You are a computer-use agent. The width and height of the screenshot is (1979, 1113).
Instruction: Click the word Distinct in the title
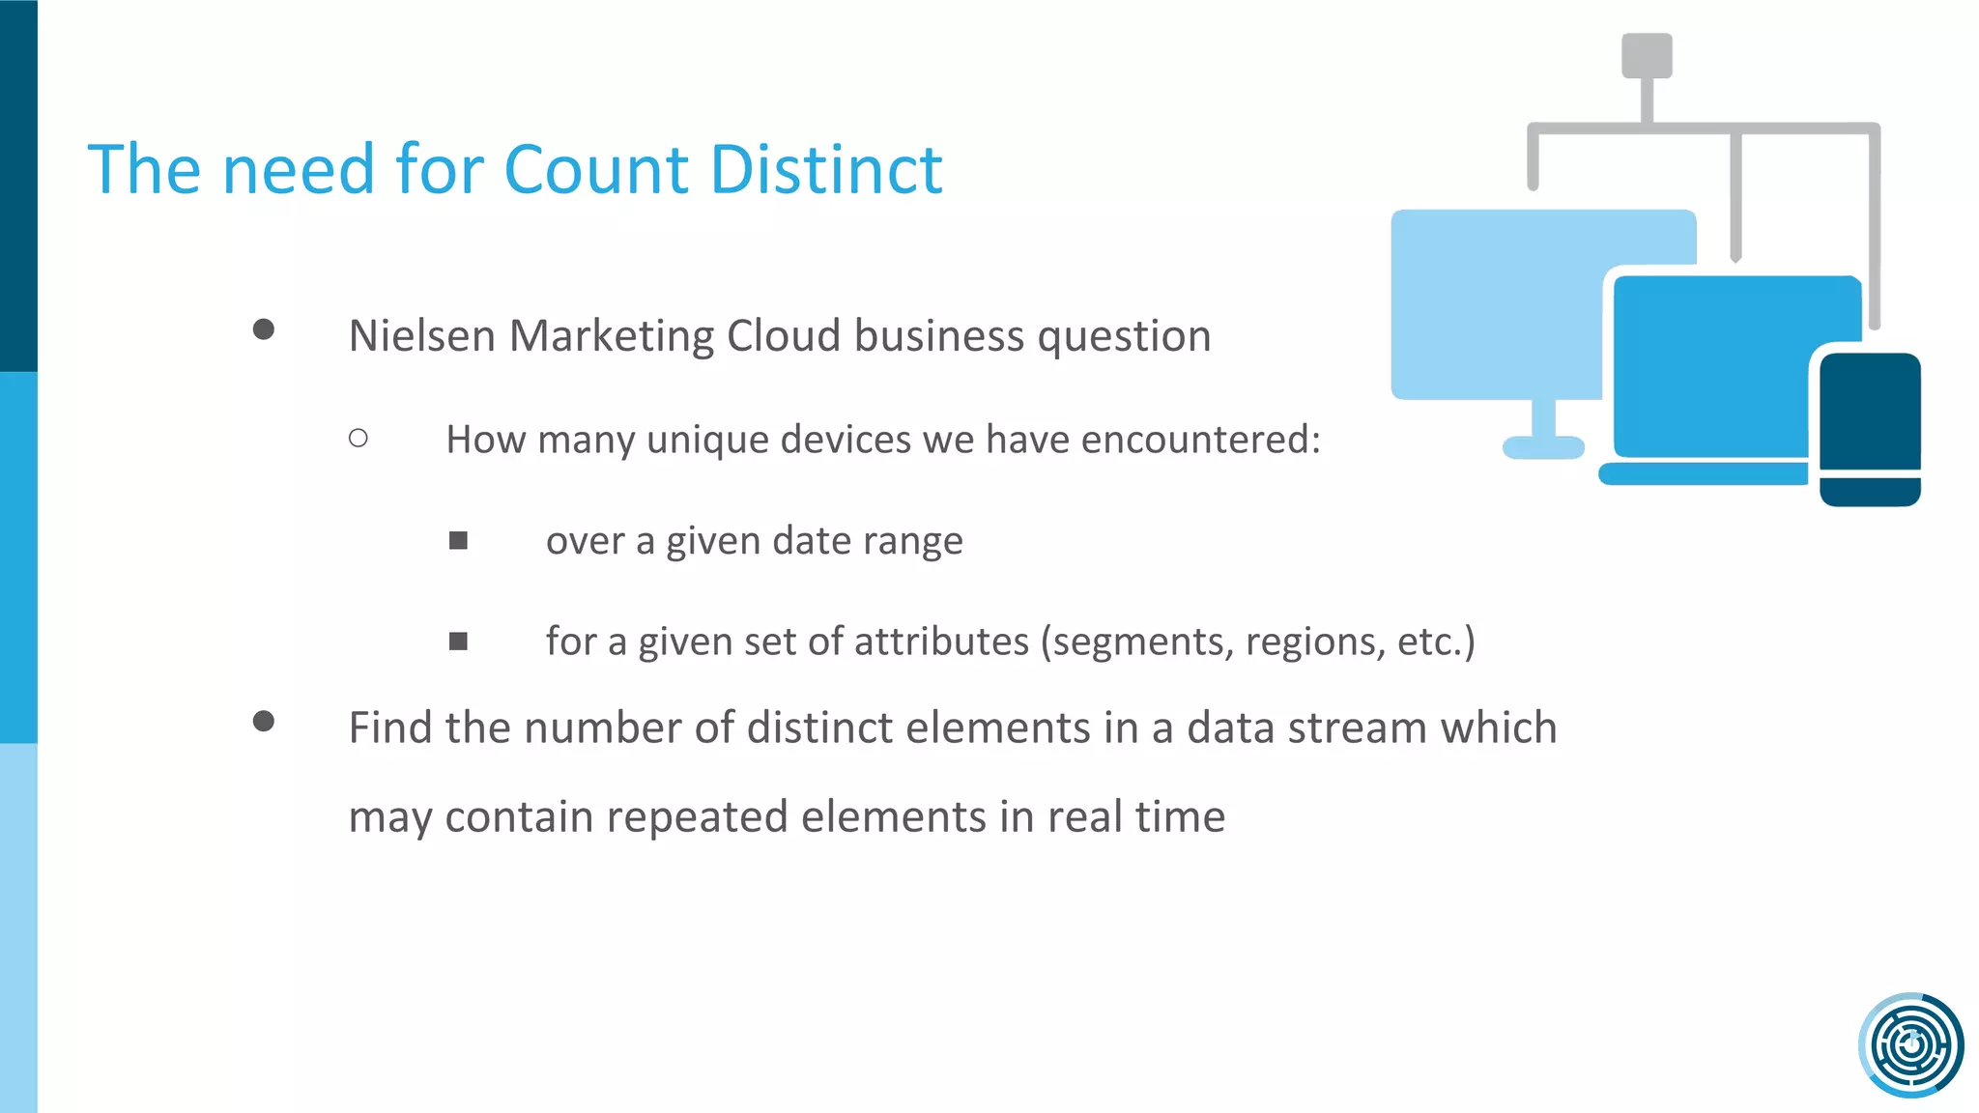coord(826,170)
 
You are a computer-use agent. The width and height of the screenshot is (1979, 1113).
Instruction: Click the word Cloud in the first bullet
coord(784,336)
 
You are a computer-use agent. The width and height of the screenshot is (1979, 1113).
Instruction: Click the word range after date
coord(912,542)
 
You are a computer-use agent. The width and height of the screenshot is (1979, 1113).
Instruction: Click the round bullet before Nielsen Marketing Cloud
coord(263,329)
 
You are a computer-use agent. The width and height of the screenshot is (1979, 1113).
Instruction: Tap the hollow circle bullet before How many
coord(359,439)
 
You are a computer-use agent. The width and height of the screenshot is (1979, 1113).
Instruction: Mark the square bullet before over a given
coord(458,540)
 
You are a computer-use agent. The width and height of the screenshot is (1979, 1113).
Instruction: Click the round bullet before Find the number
coord(263,722)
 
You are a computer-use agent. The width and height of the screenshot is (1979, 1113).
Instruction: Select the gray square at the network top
coord(1647,55)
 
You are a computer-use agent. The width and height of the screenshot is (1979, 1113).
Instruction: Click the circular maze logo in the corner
coord(1910,1044)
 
